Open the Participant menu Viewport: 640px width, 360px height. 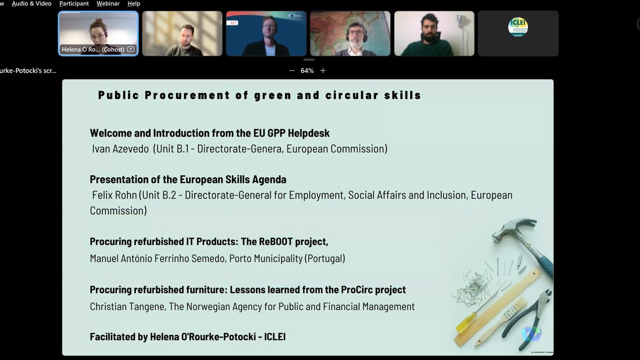point(74,4)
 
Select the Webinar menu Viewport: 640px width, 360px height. point(108,4)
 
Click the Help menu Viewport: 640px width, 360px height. point(134,4)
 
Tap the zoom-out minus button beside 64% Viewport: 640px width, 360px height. point(292,70)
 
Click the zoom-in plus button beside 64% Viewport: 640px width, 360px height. point(323,70)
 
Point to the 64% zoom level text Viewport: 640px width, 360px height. point(307,70)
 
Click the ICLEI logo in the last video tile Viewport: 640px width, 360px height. point(517,27)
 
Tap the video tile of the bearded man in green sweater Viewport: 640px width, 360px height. point(434,34)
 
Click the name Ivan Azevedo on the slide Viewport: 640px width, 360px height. point(121,149)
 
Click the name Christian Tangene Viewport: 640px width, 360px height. point(126,306)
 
